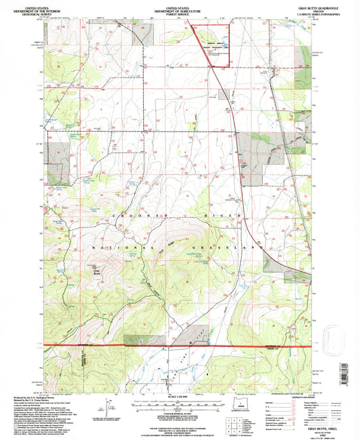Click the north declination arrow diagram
click(106, 410)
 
